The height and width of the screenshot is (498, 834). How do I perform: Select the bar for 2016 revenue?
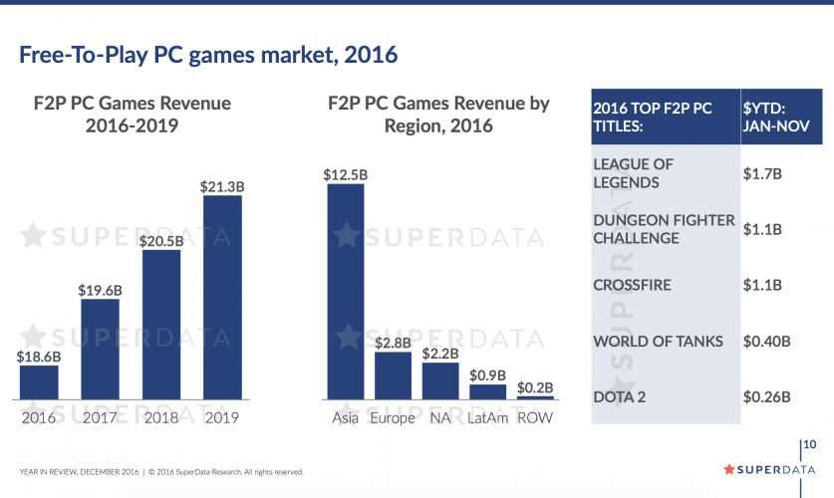pos(39,381)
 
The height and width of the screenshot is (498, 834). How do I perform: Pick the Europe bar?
pos(393,374)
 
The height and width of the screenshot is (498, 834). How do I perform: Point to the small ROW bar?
pos(535,396)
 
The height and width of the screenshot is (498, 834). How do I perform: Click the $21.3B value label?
pos(222,185)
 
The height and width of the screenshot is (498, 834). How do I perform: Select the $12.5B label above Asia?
pos(346,174)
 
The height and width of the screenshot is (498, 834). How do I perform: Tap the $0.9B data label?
pos(487,374)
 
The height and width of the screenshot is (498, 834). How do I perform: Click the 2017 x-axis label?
pos(100,417)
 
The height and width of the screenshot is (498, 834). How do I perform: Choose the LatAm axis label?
pos(487,417)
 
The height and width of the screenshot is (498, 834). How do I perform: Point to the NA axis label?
pos(439,417)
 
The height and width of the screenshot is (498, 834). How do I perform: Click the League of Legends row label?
pos(633,172)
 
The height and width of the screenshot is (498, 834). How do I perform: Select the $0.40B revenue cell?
pos(767,341)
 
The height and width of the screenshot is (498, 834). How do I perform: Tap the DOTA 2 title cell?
pos(620,396)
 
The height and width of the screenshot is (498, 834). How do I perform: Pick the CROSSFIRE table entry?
pos(632,285)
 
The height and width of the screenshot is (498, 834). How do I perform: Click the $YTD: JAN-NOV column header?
pos(768,117)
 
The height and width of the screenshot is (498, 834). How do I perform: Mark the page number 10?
pos(811,443)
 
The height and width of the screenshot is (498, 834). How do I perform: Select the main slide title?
pos(208,54)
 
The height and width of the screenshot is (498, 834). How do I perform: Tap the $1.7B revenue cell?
pos(762,172)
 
